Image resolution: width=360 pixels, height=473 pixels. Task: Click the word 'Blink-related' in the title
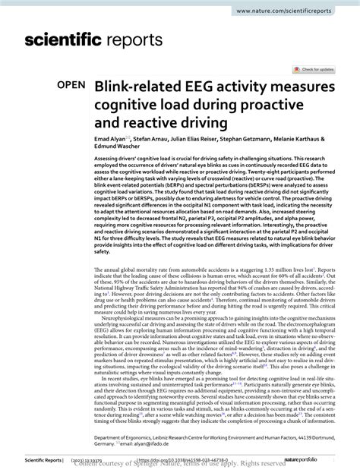click(138, 89)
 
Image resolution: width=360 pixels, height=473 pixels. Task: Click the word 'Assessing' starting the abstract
click(108, 161)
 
